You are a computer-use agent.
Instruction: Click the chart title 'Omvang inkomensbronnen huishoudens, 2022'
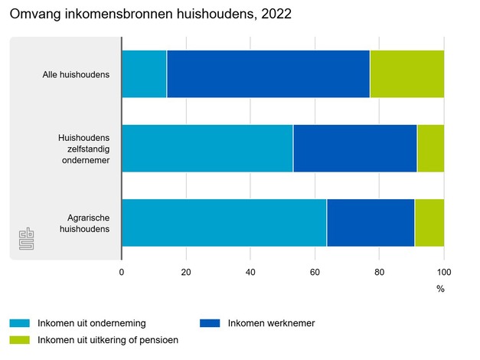tap(150, 14)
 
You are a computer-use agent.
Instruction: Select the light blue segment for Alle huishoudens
tap(144, 74)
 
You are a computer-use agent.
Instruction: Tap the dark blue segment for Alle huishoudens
tap(268, 74)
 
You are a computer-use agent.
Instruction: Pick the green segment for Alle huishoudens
tap(407, 74)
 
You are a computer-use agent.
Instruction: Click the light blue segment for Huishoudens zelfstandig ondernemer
tap(207, 148)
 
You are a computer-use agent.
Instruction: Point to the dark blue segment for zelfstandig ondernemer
tap(354, 148)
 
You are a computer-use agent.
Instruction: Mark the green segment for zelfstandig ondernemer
tap(430, 148)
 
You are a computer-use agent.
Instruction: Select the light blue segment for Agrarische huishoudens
tap(224, 222)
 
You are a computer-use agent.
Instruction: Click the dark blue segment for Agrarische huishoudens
tap(371, 222)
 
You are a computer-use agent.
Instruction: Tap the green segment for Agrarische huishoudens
tap(429, 222)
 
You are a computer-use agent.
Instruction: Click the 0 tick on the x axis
tap(122, 272)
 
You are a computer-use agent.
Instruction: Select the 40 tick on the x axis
tap(250, 272)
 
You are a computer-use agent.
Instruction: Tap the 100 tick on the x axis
tap(444, 272)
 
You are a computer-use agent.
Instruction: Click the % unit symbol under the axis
tap(440, 289)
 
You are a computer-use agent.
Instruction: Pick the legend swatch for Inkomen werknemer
tap(210, 323)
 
